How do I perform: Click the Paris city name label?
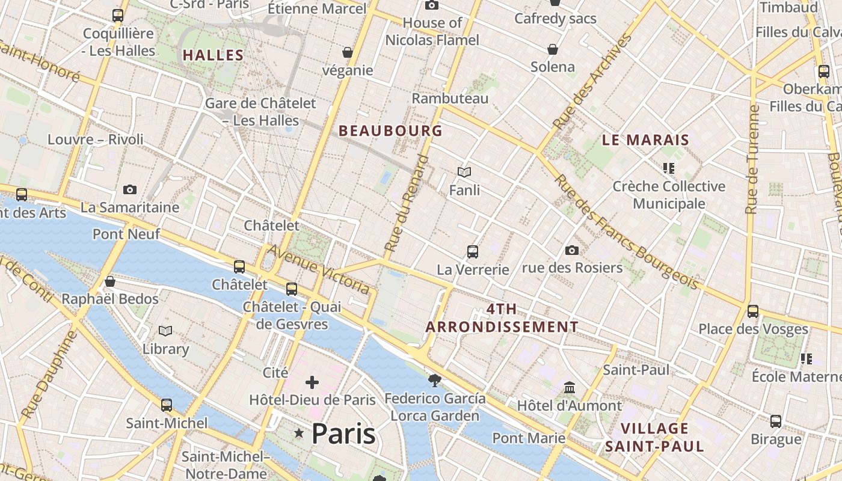(x=343, y=434)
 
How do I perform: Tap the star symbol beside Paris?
(x=298, y=433)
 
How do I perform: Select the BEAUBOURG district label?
(x=390, y=130)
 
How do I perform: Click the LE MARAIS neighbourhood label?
(x=645, y=140)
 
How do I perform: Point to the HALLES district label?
(x=213, y=55)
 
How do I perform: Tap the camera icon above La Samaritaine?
(x=129, y=190)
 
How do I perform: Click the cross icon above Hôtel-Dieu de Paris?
(x=312, y=382)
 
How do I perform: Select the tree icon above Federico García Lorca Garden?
(x=434, y=381)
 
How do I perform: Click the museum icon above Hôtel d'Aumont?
(x=570, y=388)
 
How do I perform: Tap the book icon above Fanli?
(x=464, y=173)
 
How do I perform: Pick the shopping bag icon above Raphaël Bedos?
(x=110, y=281)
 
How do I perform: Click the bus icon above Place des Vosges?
(x=753, y=311)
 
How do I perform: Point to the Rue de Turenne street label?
(x=751, y=159)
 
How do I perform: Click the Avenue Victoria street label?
(x=319, y=269)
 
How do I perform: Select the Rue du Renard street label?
(x=407, y=203)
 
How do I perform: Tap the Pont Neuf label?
(x=126, y=234)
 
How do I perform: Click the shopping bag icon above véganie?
(x=347, y=52)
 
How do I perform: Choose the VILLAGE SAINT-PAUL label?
(x=654, y=437)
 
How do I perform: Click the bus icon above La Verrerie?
(x=473, y=252)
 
